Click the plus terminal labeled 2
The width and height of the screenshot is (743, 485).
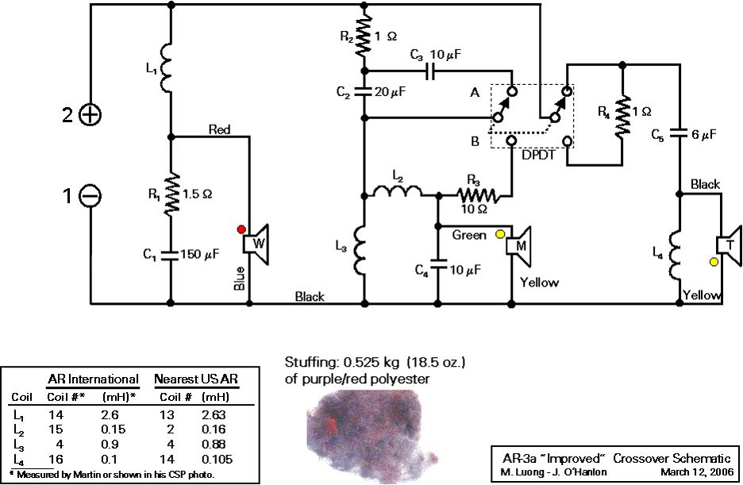tap(91, 115)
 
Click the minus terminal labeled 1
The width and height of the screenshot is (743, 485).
tap(91, 194)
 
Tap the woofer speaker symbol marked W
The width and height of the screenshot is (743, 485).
tap(256, 243)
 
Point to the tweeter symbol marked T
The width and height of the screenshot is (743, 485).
tap(728, 242)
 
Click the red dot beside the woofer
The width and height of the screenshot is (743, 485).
tap(241, 229)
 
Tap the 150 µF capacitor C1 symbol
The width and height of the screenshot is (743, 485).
tap(171, 255)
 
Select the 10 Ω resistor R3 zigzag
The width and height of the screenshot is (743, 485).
tap(477, 193)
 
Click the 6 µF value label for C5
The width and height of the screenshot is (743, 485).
tap(704, 135)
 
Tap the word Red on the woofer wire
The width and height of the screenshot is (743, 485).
tap(220, 128)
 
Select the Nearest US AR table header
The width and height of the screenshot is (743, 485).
tap(196, 379)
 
